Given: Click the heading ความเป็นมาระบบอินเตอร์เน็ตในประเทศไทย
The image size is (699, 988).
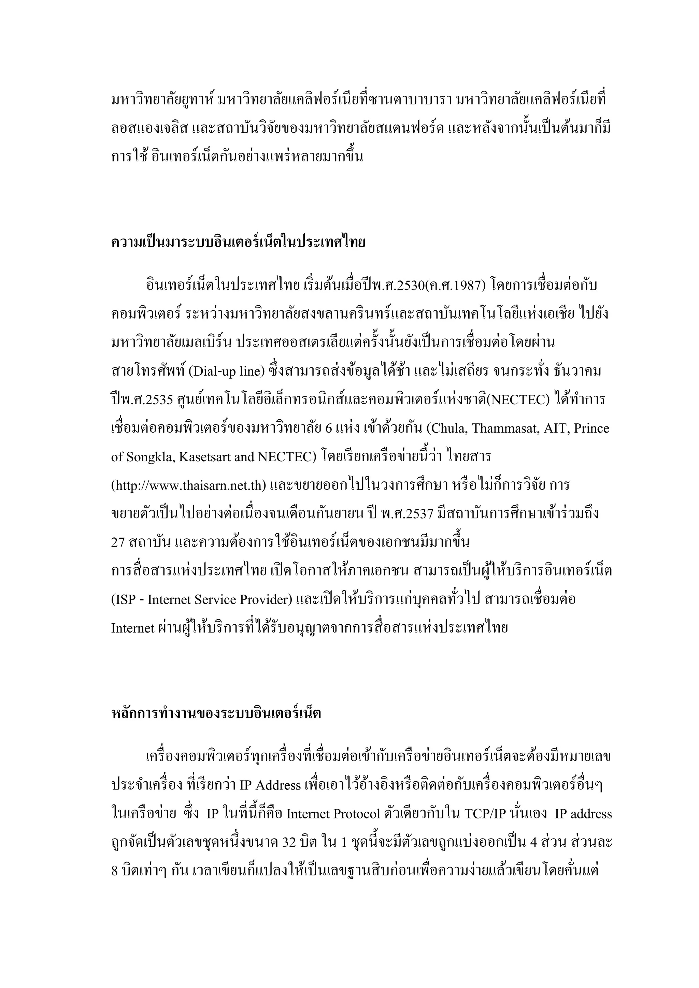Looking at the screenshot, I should coord(238,242).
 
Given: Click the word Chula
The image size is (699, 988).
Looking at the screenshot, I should coord(451,428).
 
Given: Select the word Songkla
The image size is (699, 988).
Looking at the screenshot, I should coord(150,457).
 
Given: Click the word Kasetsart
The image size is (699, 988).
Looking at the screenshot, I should coord(205,457).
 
